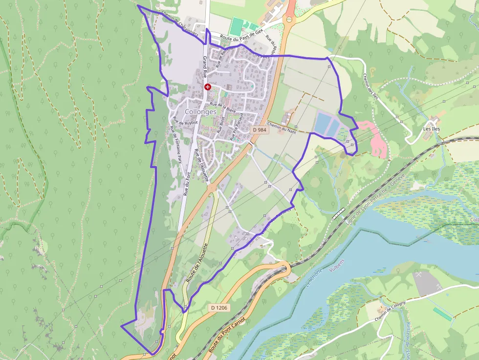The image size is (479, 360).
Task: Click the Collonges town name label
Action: [201, 111]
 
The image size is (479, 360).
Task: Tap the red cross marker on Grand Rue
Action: [208, 87]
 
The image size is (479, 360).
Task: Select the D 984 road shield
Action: [260, 130]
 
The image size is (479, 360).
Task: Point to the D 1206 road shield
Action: [218, 307]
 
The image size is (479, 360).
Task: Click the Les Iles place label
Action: [432, 129]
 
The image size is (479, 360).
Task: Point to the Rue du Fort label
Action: [187, 184]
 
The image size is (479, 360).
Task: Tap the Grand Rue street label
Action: [205, 67]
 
